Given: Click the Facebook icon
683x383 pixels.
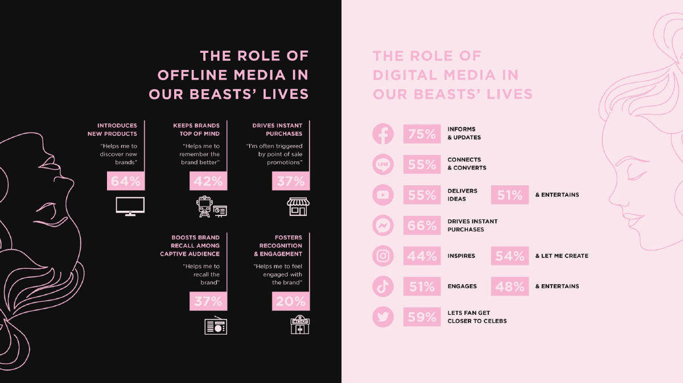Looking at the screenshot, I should pyautogui.click(x=383, y=134).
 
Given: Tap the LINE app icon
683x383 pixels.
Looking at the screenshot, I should pyautogui.click(x=383, y=165).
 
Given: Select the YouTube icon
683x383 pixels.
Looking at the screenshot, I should pyautogui.click(x=383, y=195).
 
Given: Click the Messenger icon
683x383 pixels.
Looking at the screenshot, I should pyautogui.click(x=383, y=226).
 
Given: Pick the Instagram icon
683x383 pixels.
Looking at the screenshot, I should pyautogui.click(x=383, y=256).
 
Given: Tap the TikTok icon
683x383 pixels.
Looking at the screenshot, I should pyautogui.click(x=383, y=286).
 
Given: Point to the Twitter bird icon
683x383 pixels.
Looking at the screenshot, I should pyautogui.click(x=383, y=317).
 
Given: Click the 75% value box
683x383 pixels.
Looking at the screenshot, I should pyautogui.click(x=422, y=134).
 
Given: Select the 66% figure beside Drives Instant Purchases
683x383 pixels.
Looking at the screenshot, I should pyautogui.click(x=422, y=226).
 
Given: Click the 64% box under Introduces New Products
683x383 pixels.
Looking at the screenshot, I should pyautogui.click(x=125, y=181).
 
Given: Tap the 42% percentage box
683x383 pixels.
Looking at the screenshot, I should pyautogui.click(x=208, y=181).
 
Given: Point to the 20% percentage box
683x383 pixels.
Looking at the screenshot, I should pyautogui.click(x=290, y=301).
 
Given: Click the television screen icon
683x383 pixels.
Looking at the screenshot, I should pyautogui.click(x=130, y=206).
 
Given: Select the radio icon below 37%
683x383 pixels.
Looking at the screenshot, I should pyautogui.click(x=215, y=326).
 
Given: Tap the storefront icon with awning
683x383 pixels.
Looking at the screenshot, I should pyautogui.click(x=298, y=207).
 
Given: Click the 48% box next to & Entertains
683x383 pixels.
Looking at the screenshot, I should pyautogui.click(x=509, y=286).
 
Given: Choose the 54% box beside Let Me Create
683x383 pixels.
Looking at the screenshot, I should pyautogui.click(x=509, y=256).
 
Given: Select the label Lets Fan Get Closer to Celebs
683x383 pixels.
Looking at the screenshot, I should pyautogui.click(x=476, y=317).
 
